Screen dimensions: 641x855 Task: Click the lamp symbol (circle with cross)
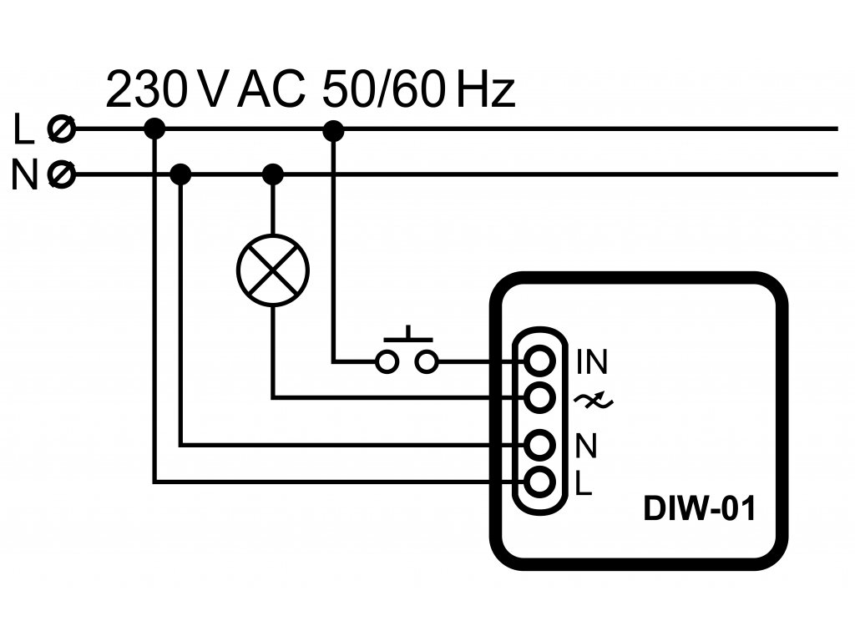coord(273,270)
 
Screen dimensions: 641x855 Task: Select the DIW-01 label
coord(699,509)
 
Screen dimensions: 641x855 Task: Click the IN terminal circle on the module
coord(540,361)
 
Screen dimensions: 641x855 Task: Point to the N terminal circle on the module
coord(540,445)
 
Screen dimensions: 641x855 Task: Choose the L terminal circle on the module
coord(540,482)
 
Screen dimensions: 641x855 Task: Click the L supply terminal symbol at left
coord(62,129)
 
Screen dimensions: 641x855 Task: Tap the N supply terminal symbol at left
coord(62,175)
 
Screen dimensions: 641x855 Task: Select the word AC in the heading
coord(271,90)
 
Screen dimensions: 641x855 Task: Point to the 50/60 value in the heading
coord(386,90)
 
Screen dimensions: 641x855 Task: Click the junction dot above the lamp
coord(273,174)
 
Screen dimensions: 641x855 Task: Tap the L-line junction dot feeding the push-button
coord(333,129)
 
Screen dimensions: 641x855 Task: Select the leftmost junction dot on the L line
coord(154,129)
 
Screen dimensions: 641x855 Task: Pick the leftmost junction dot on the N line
coord(181,174)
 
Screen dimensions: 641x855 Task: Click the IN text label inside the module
coord(592,362)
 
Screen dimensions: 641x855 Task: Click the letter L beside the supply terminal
coord(25,129)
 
